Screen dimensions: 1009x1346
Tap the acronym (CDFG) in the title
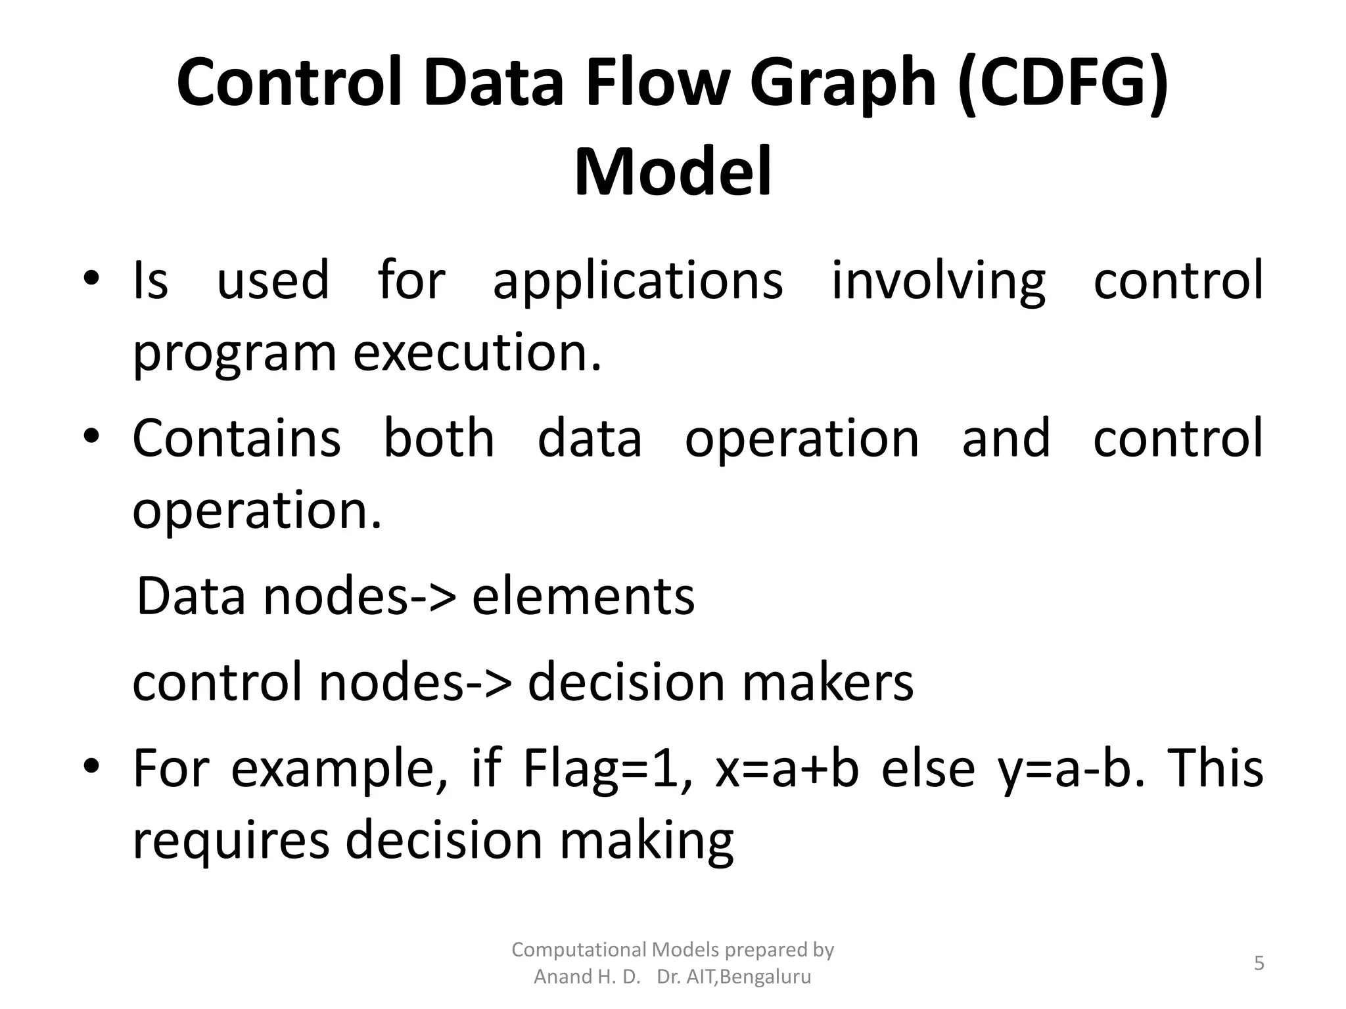click(x=1063, y=84)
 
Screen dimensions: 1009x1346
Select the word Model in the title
click(x=672, y=172)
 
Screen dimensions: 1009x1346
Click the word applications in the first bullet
click(x=638, y=280)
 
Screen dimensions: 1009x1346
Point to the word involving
click(x=938, y=280)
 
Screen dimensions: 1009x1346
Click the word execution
click(x=477, y=353)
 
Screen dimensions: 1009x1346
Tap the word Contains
click(x=237, y=438)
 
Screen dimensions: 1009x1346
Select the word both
click(x=438, y=438)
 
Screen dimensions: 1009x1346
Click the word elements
click(x=583, y=596)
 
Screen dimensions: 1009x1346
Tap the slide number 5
click(x=1259, y=964)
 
